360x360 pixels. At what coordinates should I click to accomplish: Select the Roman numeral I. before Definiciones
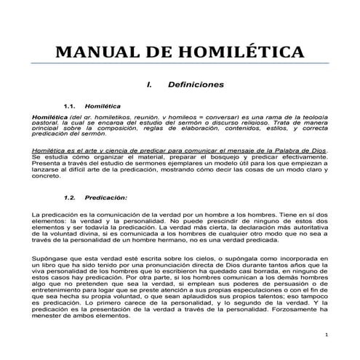click(148, 84)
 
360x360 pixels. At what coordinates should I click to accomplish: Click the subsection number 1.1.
click(71, 105)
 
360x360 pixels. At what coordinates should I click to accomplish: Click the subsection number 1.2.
click(71, 197)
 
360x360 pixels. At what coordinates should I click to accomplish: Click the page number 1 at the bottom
click(327, 335)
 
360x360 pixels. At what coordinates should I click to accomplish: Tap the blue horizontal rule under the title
click(180, 63)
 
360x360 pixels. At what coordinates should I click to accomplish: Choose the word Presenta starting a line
click(44, 163)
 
